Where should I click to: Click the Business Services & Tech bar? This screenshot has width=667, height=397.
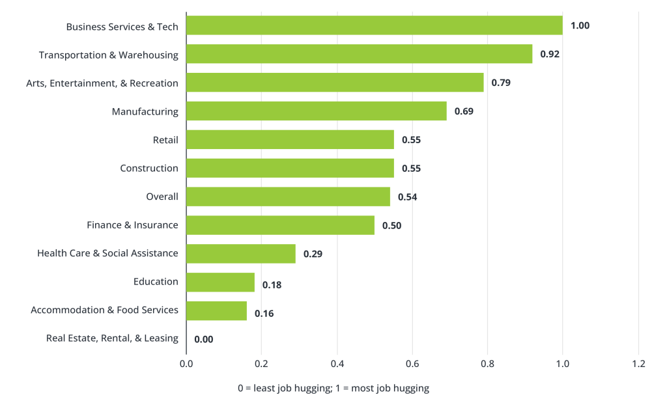[375, 25]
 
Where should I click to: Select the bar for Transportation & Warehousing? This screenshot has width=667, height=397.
[359, 54]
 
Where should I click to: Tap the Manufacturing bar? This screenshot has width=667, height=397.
[317, 111]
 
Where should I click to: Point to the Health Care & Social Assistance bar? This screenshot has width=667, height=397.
[241, 253]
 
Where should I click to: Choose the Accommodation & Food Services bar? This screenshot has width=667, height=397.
[217, 310]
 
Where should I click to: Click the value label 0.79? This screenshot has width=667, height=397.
[500, 83]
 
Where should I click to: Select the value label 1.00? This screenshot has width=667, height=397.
[580, 25]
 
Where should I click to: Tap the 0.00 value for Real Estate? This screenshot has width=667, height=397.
[204, 339]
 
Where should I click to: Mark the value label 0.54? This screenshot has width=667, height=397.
[407, 197]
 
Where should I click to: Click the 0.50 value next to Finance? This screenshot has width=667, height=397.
[391, 225]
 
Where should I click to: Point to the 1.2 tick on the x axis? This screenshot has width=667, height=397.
[638, 364]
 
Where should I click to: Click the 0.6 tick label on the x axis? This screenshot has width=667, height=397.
[412, 364]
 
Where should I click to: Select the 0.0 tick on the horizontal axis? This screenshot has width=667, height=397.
[186, 364]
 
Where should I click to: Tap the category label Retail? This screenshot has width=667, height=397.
[165, 140]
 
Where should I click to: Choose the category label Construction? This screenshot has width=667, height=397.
[149, 168]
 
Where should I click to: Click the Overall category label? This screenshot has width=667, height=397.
[162, 197]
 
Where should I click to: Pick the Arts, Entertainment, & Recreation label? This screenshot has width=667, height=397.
[102, 83]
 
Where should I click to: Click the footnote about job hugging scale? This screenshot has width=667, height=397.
[333, 388]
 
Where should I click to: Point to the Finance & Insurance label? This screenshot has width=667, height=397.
[132, 225]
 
